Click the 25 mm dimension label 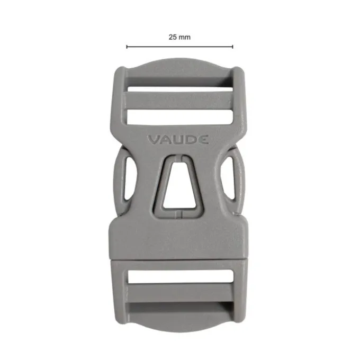tap(179, 37)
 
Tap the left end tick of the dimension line tap(127, 47)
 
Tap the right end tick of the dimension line tap(232, 47)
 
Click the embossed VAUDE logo tap(178, 140)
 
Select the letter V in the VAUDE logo tap(153, 140)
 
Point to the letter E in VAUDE tap(203, 140)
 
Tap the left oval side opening tap(130, 178)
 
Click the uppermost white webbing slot tap(180, 89)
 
